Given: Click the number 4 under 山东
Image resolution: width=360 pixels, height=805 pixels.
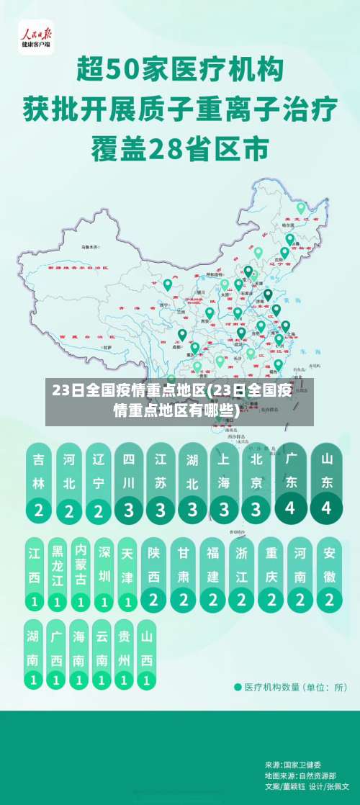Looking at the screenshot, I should tap(327, 508).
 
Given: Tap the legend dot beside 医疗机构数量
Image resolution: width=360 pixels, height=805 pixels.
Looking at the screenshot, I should tap(238, 687).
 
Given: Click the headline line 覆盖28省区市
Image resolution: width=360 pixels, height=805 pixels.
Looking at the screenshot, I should tap(179, 150).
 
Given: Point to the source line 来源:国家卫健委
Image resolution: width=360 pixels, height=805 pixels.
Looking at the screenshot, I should tap(293, 764).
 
